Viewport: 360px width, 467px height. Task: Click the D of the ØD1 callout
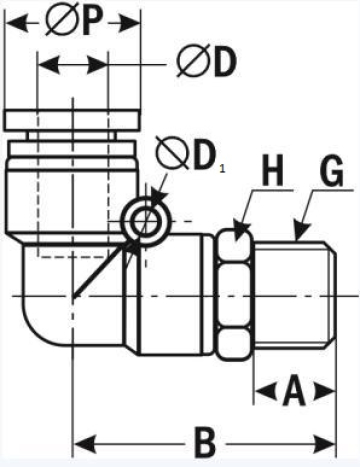205,156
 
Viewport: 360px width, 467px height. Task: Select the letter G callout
328,173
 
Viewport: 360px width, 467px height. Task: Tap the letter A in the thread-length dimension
293,390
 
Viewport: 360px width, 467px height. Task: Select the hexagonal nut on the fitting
234,297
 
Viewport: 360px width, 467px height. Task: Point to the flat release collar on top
73,120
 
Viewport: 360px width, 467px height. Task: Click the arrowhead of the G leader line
297,236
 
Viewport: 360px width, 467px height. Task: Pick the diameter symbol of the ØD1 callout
174,156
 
